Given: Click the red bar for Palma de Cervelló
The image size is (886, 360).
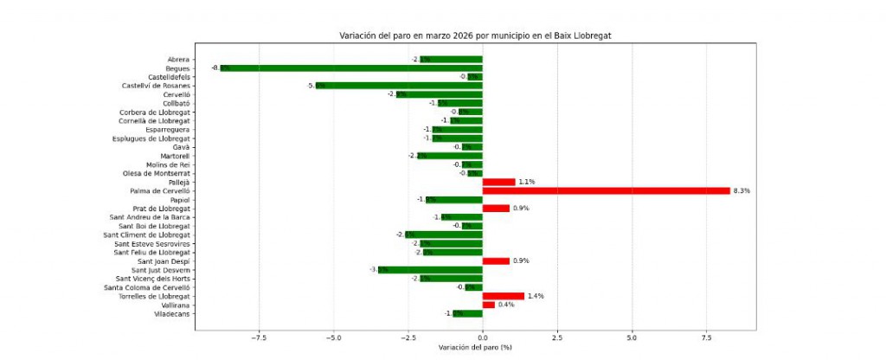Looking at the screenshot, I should (x=606, y=190).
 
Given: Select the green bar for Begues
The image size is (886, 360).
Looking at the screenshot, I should (x=350, y=67).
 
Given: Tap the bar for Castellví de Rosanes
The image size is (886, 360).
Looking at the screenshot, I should (x=399, y=85).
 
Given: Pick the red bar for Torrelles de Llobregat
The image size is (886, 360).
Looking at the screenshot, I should (x=503, y=296).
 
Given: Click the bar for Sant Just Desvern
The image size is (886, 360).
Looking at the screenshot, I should (x=430, y=270).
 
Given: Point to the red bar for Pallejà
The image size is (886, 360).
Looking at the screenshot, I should (x=498, y=182).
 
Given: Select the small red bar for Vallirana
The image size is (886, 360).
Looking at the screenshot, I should (x=488, y=305).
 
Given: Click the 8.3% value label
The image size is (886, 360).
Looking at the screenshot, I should (x=742, y=190).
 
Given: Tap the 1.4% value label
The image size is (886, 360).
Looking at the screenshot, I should (x=536, y=296).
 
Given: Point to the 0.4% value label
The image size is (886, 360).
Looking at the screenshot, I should (x=506, y=305).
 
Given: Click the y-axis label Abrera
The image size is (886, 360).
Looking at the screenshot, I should (x=178, y=59).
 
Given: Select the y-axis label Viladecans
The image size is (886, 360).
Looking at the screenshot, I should (x=170, y=313).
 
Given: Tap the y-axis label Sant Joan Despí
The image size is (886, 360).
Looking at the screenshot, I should (x=164, y=260).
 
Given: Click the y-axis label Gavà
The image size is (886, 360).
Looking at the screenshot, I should (x=181, y=147).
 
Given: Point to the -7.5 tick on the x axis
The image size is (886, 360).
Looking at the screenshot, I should (x=258, y=338).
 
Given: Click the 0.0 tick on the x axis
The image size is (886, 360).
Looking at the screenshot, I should (x=482, y=338).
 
